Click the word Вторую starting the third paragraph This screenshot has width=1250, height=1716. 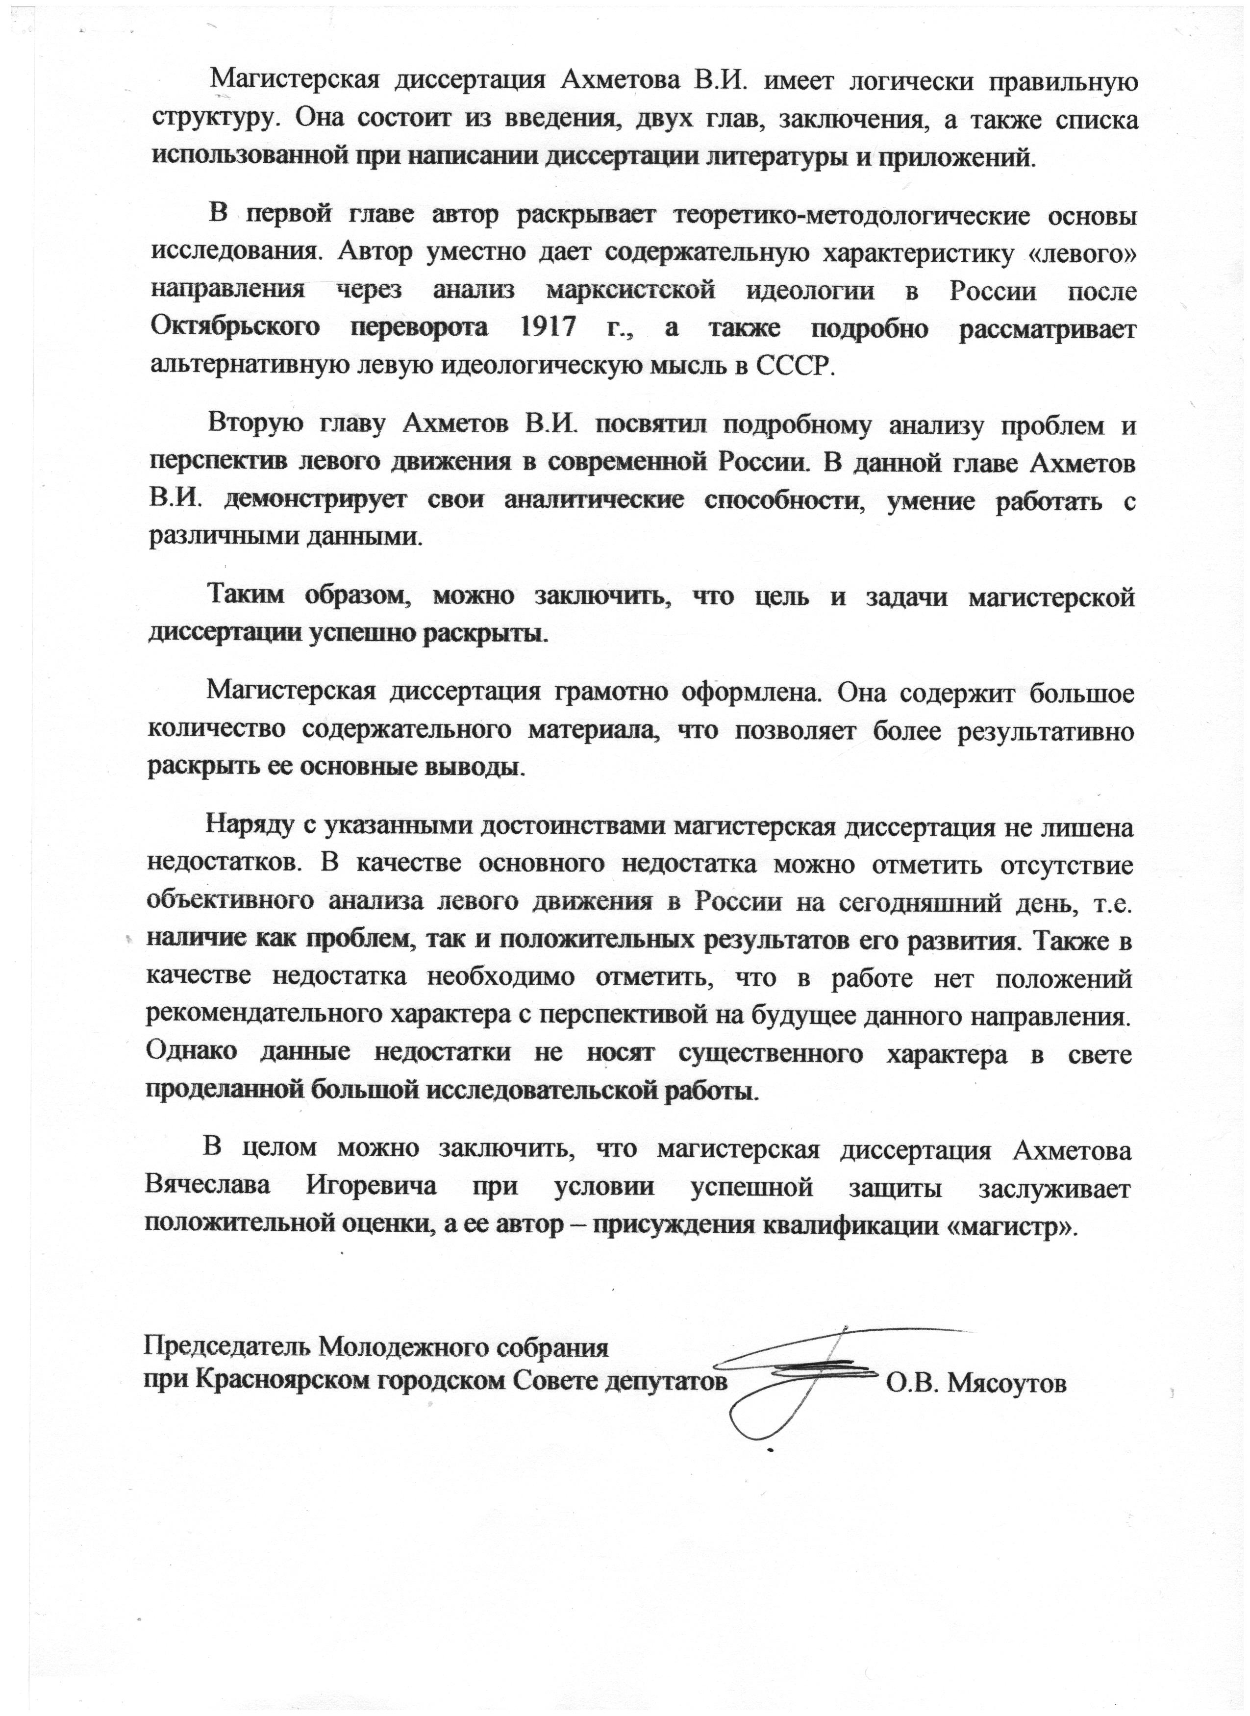point(255,425)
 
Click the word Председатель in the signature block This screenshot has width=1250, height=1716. point(224,1349)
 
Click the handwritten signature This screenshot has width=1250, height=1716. point(795,1377)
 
